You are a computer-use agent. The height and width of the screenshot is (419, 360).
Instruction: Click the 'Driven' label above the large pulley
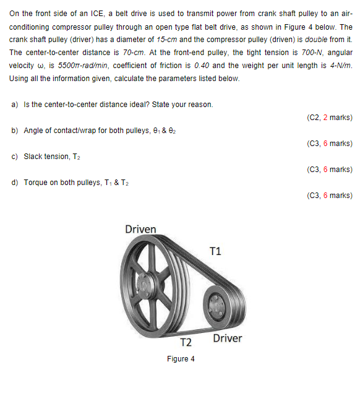click(x=140, y=230)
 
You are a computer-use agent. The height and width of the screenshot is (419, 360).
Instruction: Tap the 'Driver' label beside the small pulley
click(x=228, y=339)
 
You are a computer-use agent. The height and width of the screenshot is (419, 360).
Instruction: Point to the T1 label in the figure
click(x=215, y=251)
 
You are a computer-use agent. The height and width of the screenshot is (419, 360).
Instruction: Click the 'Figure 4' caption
click(x=181, y=359)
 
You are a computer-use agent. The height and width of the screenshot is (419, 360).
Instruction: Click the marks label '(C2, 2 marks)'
click(x=329, y=117)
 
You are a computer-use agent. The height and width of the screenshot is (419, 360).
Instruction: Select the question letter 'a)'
click(x=15, y=105)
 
